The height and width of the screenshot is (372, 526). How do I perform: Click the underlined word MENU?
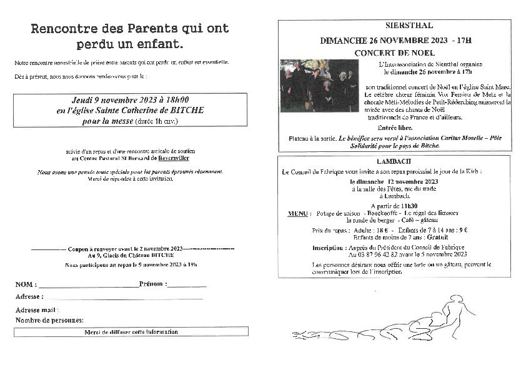pos(300,214)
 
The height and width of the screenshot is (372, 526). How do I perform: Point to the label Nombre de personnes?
pos(49,320)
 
